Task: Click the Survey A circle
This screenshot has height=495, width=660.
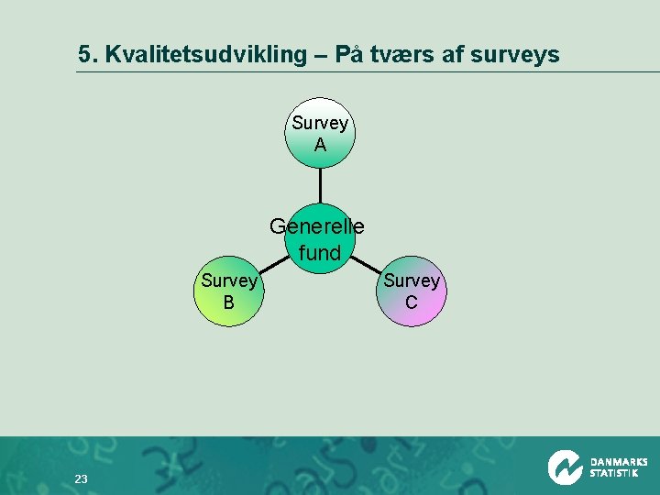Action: tap(320, 134)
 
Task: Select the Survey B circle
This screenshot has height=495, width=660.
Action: tap(228, 291)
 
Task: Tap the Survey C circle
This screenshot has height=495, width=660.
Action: tap(412, 291)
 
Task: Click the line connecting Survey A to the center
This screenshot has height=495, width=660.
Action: tap(320, 186)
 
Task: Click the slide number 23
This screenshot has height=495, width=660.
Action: tap(81, 479)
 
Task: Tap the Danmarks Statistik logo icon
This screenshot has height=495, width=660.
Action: tap(566, 467)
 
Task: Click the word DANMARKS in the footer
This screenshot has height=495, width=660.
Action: tap(619, 462)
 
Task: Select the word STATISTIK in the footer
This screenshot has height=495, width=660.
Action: tap(614, 474)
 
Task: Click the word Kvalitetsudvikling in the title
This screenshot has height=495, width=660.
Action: tap(205, 55)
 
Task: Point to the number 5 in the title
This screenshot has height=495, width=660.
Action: tap(85, 55)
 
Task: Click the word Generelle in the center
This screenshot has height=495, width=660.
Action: tap(317, 225)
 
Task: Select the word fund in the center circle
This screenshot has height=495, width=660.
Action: tap(320, 253)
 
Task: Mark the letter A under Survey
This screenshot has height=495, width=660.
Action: tap(320, 145)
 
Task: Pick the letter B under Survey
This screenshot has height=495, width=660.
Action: tap(228, 302)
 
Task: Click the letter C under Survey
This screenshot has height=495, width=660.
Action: tap(412, 302)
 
